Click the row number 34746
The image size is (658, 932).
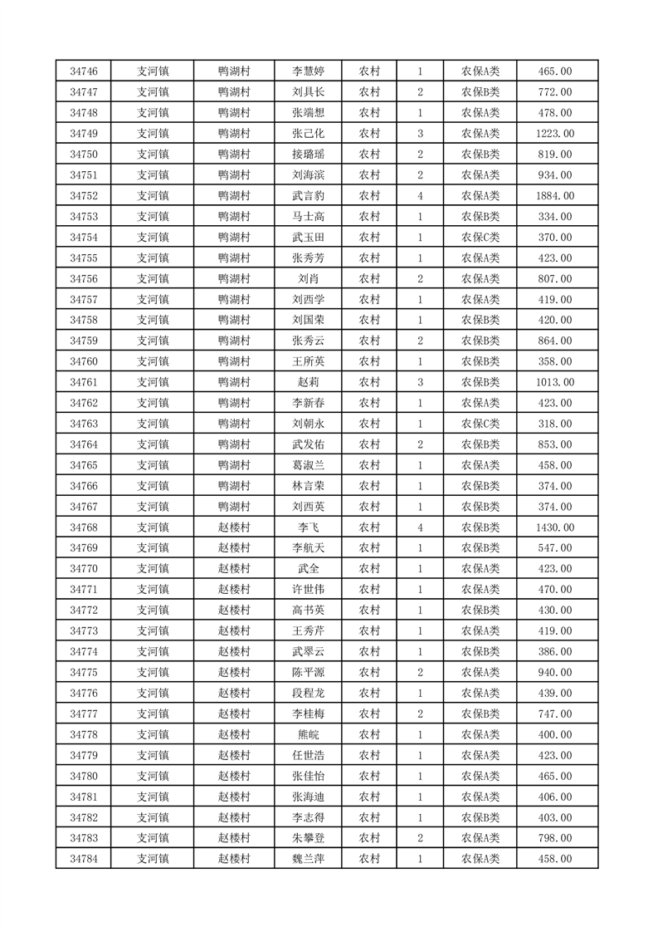(x=84, y=71)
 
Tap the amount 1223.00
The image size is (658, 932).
(x=554, y=133)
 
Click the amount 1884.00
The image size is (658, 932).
(x=554, y=195)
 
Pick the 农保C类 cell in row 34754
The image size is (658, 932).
(x=480, y=237)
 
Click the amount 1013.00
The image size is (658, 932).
(x=554, y=382)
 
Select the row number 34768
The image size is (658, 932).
(x=84, y=527)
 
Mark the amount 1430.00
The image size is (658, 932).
(x=554, y=527)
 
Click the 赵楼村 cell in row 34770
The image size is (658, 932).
(x=234, y=569)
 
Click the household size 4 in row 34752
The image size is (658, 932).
(x=421, y=195)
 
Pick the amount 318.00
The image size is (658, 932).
(x=554, y=424)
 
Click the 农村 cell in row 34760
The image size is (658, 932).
(x=369, y=361)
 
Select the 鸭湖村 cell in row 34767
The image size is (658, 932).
(x=234, y=507)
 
